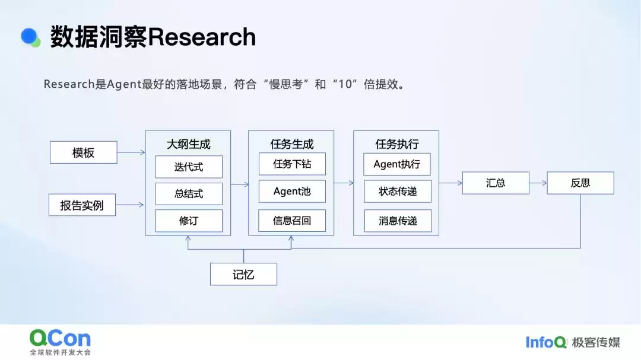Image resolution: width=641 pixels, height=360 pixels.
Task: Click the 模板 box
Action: coord(83,152)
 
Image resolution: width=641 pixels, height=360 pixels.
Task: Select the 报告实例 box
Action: coord(82,205)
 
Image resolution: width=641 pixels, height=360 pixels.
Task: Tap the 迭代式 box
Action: coord(189,167)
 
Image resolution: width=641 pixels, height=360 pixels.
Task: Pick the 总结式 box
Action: coord(189,194)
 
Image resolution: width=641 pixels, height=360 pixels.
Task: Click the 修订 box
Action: coord(189,221)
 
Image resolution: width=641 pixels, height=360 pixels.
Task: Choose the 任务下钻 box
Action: coord(292,164)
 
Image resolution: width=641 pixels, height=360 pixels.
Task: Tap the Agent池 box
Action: coord(292,191)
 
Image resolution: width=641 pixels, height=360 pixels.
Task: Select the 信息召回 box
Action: coord(292,221)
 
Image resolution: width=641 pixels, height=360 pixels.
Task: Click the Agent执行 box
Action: coord(397,164)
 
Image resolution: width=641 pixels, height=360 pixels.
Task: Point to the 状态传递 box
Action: coord(397,191)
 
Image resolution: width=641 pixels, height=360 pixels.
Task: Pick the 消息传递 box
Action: coord(397,221)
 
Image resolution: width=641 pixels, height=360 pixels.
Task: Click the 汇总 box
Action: coord(496,183)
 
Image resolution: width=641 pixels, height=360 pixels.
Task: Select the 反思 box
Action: coord(580,183)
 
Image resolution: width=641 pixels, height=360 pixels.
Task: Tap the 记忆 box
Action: coord(243,275)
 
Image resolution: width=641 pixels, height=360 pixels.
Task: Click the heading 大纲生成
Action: coord(188,144)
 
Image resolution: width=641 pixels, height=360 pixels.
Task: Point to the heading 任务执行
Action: coord(397,144)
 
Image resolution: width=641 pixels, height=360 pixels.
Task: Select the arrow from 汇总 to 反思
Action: coord(538,183)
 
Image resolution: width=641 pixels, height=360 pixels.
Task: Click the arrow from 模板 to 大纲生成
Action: coord(131,152)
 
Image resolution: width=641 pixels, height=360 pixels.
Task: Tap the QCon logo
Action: coord(60,339)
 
